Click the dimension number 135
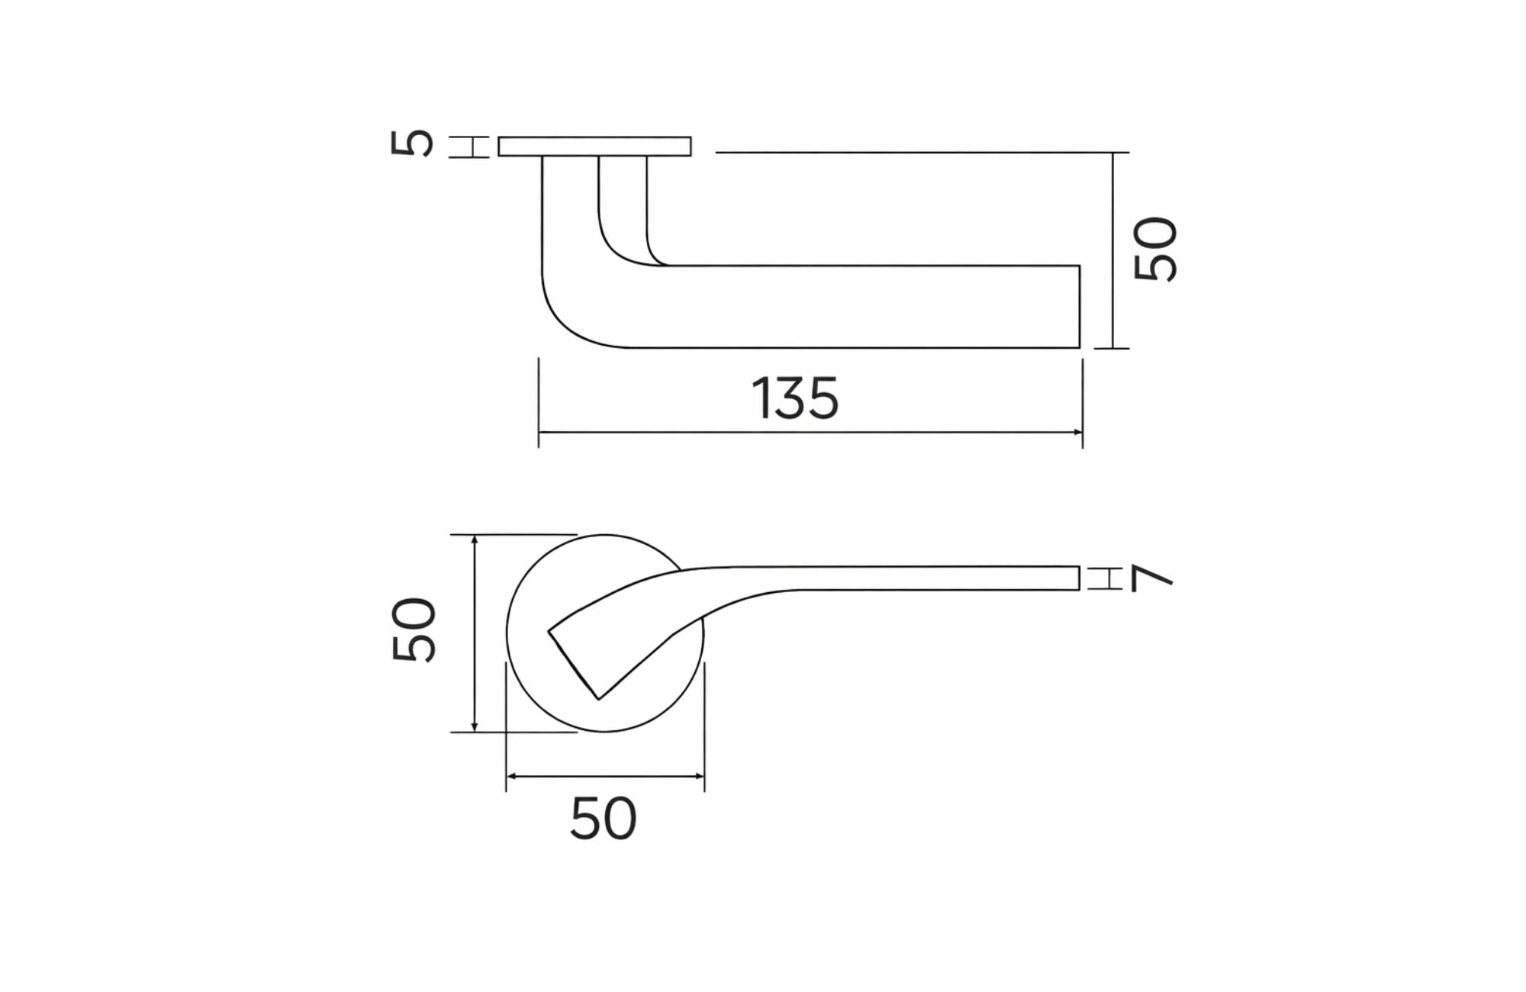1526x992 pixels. click(x=794, y=398)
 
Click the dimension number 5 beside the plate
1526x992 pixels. click(x=412, y=143)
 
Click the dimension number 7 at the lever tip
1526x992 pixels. click(x=1151, y=578)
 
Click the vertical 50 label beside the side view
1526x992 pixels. click(x=1156, y=249)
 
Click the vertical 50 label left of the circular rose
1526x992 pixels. click(x=414, y=630)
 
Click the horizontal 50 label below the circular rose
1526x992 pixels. click(x=603, y=820)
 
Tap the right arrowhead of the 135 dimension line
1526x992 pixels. click(x=1078, y=433)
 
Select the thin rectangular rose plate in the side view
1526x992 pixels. click(x=594, y=147)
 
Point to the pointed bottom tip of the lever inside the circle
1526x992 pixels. click(x=599, y=697)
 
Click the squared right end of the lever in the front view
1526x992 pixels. click(x=1078, y=578)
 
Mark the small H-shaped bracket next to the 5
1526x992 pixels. click(x=468, y=147)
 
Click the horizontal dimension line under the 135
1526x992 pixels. click(x=809, y=433)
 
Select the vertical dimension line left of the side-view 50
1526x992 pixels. click(x=1113, y=252)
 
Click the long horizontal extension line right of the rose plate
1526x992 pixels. click(x=916, y=153)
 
